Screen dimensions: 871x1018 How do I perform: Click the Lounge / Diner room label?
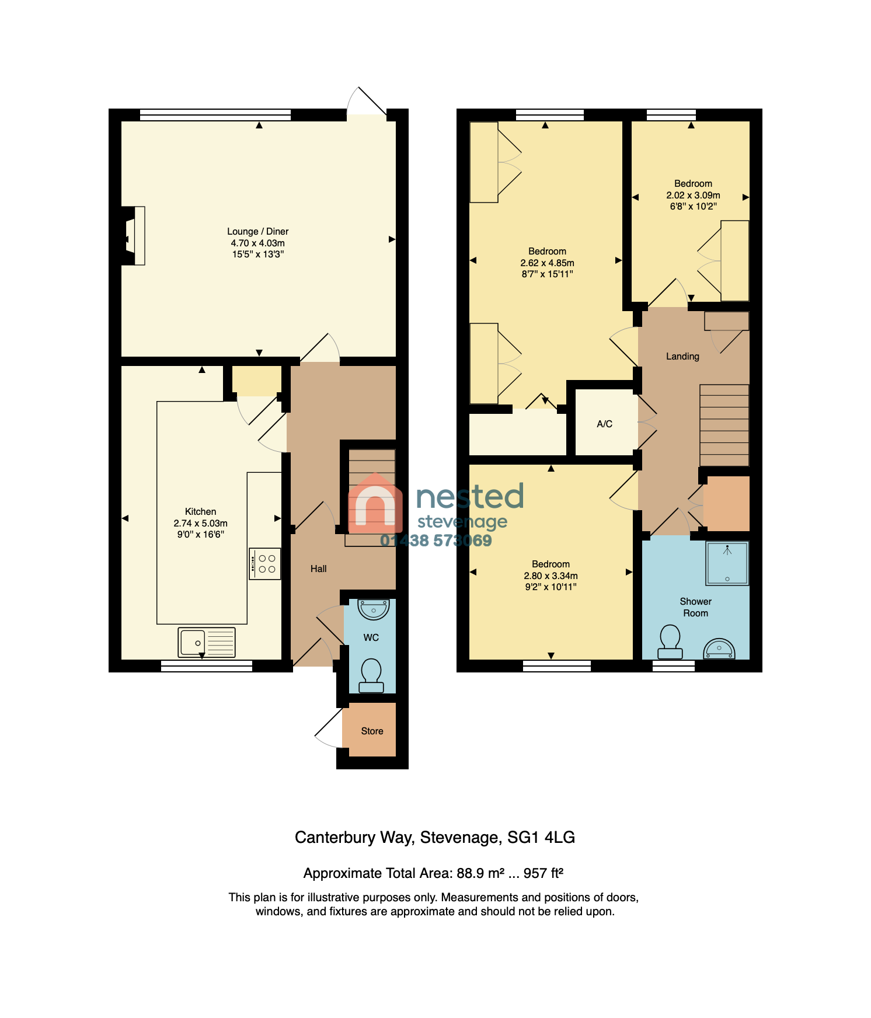pos(258,232)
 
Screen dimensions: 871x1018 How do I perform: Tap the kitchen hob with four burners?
pos(265,563)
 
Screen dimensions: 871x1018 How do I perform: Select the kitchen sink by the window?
pos(207,642)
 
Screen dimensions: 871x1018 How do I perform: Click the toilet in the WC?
pos(371,675)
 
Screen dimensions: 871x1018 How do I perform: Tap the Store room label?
pos(372,731)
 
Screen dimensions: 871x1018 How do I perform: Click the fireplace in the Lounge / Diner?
pos(133,236)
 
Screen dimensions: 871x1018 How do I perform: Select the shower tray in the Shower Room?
pos(727,563)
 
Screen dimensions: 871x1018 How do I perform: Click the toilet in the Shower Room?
pos(670,642)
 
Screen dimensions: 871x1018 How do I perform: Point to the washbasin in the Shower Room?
pos(719,649)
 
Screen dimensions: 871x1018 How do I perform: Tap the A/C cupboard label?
pos(605,424)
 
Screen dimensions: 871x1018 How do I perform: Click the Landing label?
pos(683,357)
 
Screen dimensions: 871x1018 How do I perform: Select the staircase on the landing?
pos(724,425)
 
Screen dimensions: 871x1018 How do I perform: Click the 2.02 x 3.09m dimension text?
pos(694,196)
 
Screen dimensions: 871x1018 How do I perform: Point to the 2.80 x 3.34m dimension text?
pos(551,576)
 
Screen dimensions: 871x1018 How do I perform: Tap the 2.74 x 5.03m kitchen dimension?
pos(201,524)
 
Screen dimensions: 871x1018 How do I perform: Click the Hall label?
pos(319,569)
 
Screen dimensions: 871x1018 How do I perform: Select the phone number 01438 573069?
pos(436,541)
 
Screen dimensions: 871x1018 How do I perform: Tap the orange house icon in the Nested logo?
pos(375,503)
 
